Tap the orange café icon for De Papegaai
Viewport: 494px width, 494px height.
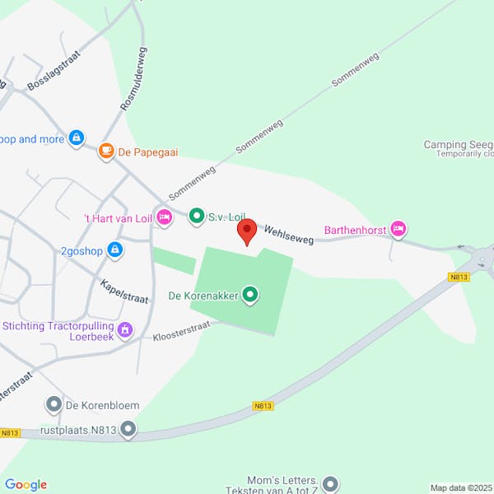pos(106,151)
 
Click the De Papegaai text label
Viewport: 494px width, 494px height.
pos(148,151)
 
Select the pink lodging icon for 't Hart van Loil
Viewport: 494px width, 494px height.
pos(164,217)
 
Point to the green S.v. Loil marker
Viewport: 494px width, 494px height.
pos(196,217)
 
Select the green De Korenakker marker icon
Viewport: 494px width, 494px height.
pos(250,295)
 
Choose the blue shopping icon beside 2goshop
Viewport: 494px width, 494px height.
pos(114,249)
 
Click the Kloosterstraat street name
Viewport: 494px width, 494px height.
pos(181,331)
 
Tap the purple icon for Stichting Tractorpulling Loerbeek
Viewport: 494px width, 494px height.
pos(125,330)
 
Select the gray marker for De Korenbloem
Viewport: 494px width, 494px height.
pos(54,404)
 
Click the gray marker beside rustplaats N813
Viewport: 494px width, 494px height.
pos(128,428)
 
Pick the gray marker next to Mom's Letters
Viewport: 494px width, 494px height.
pos(331,483)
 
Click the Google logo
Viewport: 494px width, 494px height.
pos(26,485)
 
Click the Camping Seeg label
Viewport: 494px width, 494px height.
pos(458,145)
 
